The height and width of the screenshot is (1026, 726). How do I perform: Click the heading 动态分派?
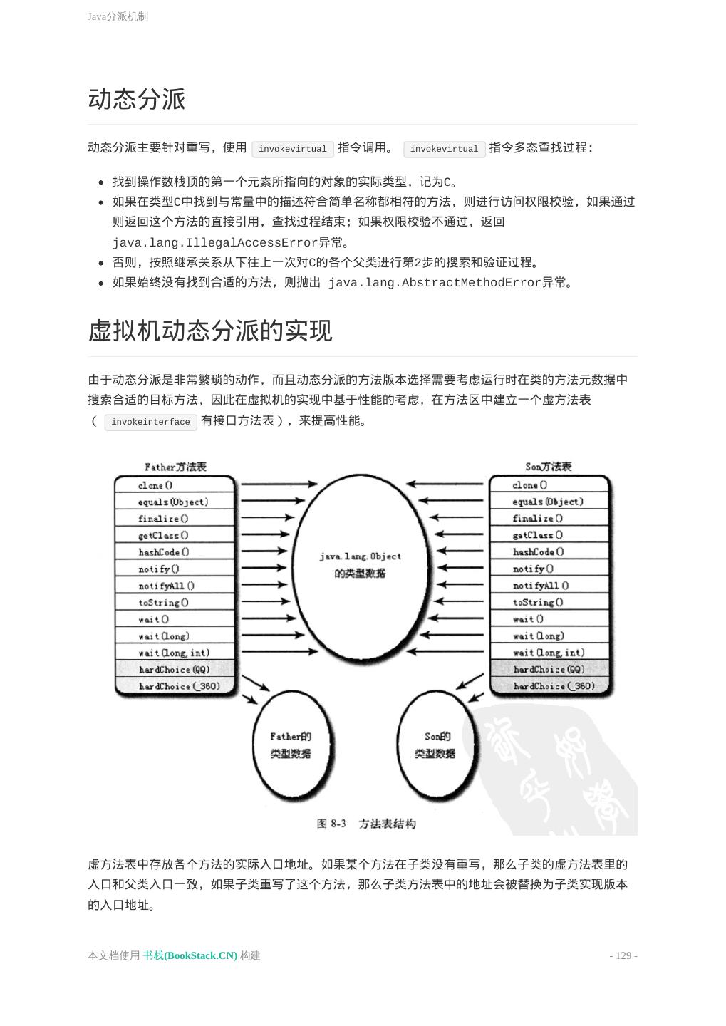137,99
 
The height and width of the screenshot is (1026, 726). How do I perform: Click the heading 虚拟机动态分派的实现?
210,331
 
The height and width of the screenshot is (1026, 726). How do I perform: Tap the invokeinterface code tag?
150,422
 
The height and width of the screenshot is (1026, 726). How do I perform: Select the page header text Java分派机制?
118,16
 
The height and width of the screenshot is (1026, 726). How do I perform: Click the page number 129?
623,955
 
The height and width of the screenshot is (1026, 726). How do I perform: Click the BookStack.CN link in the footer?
190,955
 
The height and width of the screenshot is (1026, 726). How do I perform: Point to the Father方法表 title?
175,467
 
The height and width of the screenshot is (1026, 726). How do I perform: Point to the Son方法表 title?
549,467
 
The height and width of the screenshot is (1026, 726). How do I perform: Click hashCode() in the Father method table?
164,552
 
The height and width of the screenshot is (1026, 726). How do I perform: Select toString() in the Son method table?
538,602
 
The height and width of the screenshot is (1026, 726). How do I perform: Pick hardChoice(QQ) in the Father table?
174,670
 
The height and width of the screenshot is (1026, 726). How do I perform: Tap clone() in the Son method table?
530,485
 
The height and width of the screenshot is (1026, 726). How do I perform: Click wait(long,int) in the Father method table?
174,653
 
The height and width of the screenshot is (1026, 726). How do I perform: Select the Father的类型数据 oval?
291,745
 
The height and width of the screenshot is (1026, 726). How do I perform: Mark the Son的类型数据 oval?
435,745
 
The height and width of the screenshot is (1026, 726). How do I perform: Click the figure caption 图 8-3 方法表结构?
366,824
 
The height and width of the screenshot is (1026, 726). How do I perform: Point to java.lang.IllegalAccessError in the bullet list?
214,242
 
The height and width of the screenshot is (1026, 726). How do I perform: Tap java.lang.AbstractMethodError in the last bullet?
435,283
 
